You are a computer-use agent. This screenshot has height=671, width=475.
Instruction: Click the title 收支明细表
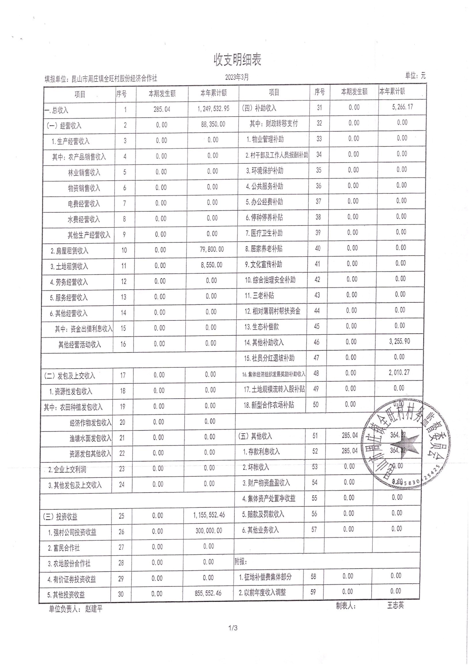237,60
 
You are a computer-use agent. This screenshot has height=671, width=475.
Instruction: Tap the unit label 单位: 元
415,76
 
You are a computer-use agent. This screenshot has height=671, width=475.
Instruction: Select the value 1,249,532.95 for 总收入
213,109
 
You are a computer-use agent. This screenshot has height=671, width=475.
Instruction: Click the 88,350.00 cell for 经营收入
213,124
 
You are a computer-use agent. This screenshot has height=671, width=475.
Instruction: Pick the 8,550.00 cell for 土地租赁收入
211,265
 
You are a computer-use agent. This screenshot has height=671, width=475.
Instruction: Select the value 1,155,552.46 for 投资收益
209,515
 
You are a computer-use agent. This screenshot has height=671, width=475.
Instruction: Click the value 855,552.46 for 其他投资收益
208,593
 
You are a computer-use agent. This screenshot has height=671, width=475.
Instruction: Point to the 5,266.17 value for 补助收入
402,107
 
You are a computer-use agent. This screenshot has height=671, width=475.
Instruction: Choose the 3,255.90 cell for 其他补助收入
400,341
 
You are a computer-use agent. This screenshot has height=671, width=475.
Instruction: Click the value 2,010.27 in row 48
399,373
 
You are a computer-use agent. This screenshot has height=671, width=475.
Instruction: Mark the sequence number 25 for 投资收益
121,516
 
